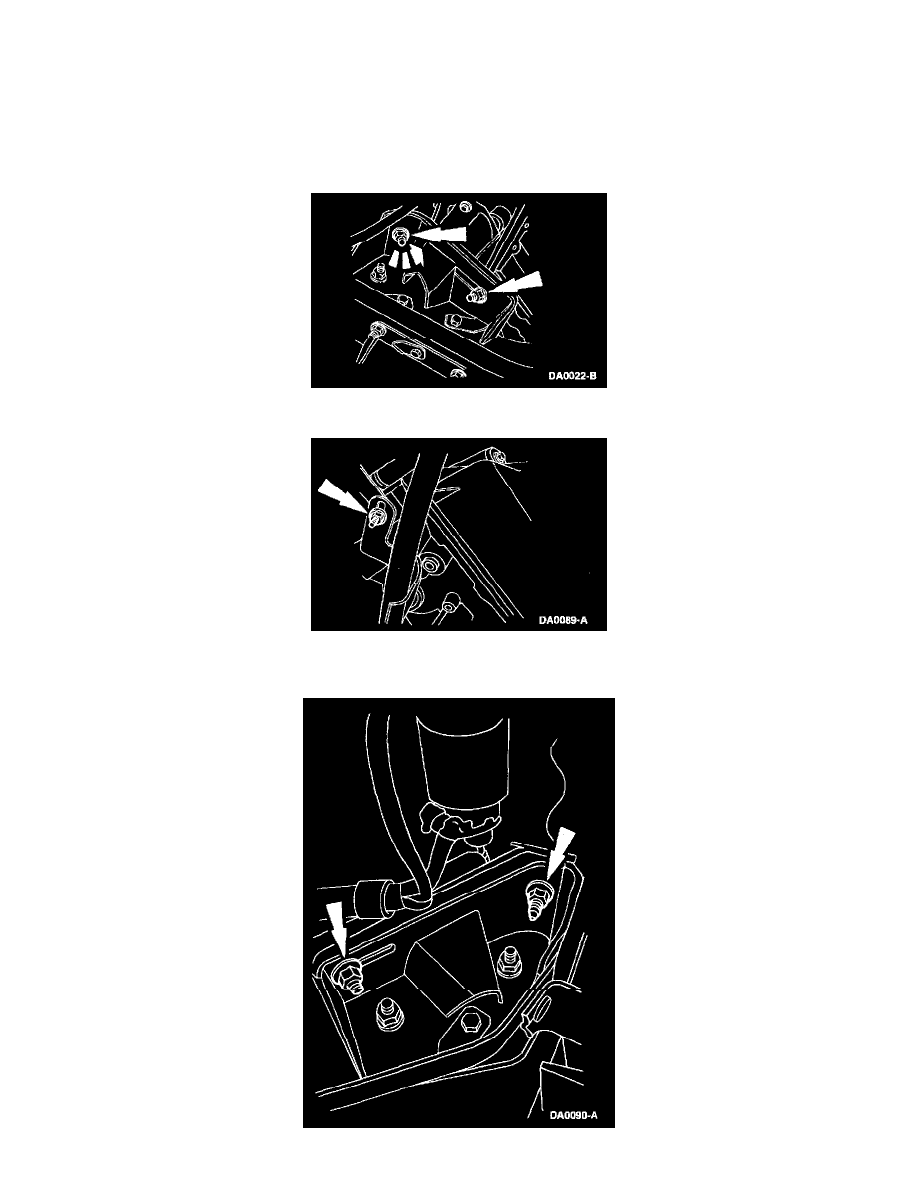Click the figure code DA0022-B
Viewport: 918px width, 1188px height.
coord(572,376)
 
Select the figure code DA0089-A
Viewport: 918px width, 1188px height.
coord(563,621)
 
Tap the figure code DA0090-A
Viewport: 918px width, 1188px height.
coord(573,1115)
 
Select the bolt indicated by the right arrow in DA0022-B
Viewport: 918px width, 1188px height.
coord(477,296)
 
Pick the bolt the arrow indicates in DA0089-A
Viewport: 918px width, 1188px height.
coord(376,517)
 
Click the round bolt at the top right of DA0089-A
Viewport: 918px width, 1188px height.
coord(498,455)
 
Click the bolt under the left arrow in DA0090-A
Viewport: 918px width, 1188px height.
coord(348,977)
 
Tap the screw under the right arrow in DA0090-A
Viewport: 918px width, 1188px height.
coord(537,901)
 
